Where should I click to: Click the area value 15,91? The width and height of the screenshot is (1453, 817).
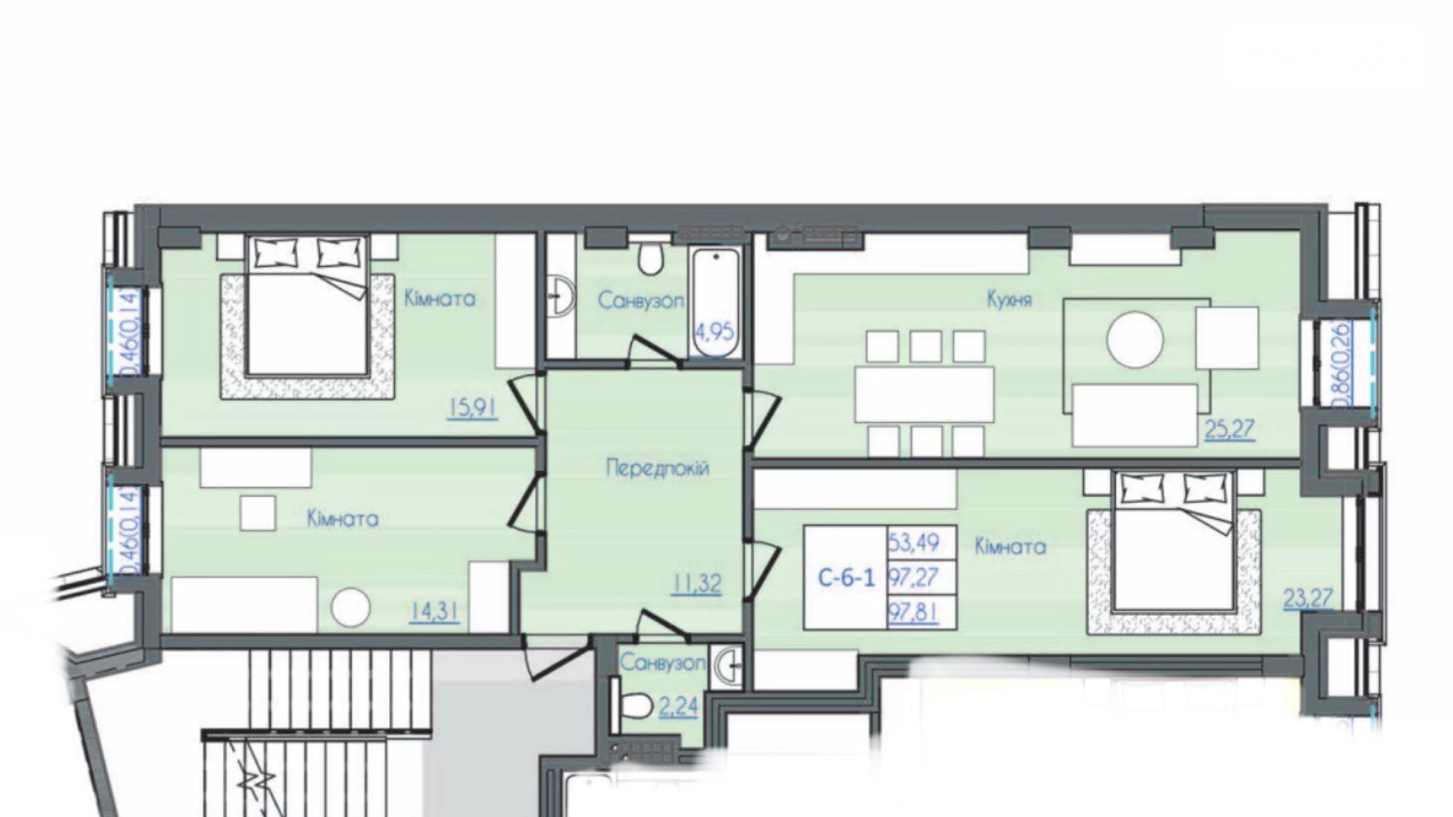(x=472, y=408)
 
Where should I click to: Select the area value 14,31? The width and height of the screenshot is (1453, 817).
(x=434, y=611)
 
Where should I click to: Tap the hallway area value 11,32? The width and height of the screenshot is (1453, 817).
(x=696, y=584)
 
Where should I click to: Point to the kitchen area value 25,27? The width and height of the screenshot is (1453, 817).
(x=1229, y=429)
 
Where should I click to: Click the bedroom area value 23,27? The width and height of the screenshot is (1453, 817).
(x=1308, y=599)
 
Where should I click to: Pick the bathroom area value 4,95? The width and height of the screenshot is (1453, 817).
(x=714, y=332)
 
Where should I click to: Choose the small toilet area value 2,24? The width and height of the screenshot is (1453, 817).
(x=678, y=707)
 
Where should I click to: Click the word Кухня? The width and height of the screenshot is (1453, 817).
(x=1009, y=299)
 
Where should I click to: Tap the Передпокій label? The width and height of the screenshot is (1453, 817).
(x=657, y=468)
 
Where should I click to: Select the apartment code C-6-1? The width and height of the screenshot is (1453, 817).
(x=846, y=578)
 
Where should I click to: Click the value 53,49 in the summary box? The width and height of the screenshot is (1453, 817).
(x=913, y=542)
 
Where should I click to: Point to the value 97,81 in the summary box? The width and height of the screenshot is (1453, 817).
(x=913, y=612)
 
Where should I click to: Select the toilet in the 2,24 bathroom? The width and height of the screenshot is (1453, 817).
(x=637, y=705)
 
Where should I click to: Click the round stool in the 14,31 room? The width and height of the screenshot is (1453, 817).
(x=350, y=608)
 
